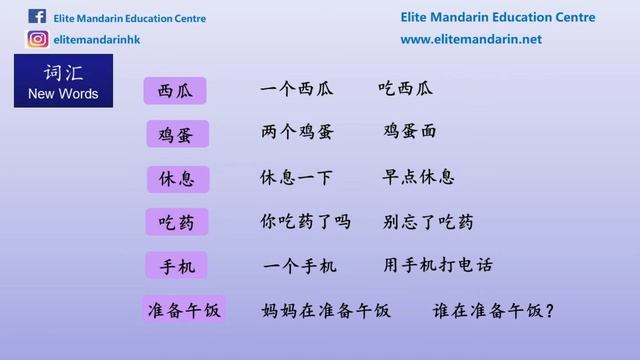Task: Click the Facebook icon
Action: click(x=37, y=16)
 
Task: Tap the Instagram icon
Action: click(x=38, y=39)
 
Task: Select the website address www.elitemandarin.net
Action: click(x=471, y=39)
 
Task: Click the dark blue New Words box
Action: click(x=64, y=82)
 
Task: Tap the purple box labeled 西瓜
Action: click(x=176, y=91)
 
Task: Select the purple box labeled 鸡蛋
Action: click(x=176, y=134)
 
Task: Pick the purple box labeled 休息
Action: click(x=177, y=179)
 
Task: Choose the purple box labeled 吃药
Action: click(x=177, y=222)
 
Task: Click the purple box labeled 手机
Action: click(x=177, y=266)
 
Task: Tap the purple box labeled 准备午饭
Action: click(x=184, y=310)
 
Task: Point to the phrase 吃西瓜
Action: click(x=406, y=89)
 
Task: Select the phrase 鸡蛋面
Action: click(x=410, y=132)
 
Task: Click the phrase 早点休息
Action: click(x=419, y=177)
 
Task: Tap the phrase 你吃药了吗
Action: click(x=305, y=221)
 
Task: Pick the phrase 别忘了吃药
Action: click(x=428, y=221)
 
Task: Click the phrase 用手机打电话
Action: click(x=437, y=266)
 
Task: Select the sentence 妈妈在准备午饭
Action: click(x=324, y=310)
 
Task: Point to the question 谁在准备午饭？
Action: click(x=494, y=310)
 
